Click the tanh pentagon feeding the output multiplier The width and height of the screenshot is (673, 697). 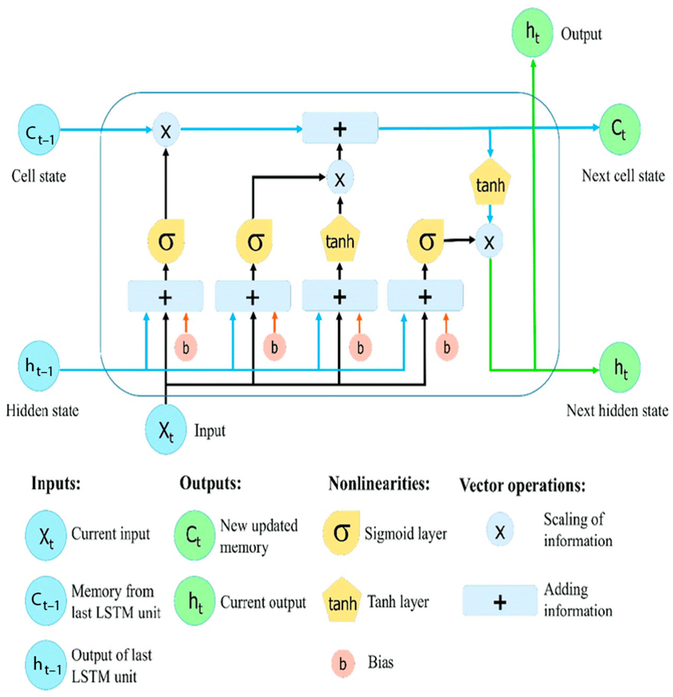point(490,183)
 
